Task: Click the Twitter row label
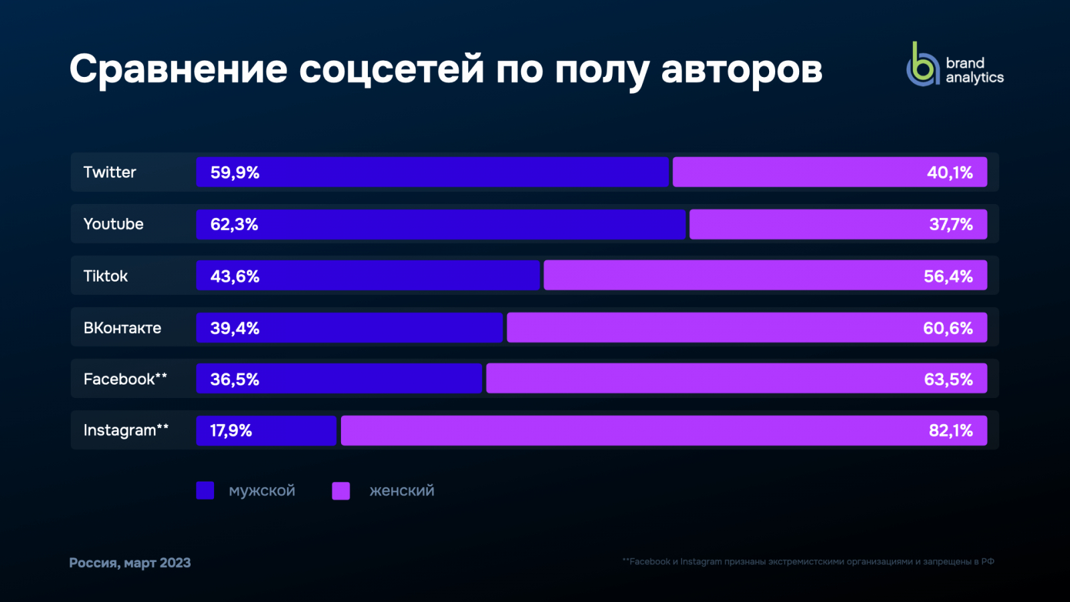[x=110, y=173]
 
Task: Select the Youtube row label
[x=113, y=224]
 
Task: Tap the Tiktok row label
[x=105, y=276]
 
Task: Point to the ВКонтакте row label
[x=122, y=328]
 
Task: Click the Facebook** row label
[x=125, y=379]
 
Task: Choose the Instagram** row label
[x=126, y=430]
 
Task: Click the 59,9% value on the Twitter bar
[x=235, y=173]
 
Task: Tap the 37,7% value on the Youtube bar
[x=950, y=224]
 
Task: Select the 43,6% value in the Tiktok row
[x=235, y=276]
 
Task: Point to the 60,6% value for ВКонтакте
[x=948, y=328]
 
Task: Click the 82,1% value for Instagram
[x=950, y=430]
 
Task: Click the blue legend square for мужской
[x=205, y=490]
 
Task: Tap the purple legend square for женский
[x=341, y=490]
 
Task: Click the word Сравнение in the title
[x=179, y=70]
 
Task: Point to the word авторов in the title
[x=741, y=70]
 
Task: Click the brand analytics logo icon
[x=923, y=66]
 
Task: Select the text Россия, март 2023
[x=130, y=563]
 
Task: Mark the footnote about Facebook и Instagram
[x=808, y=562]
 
